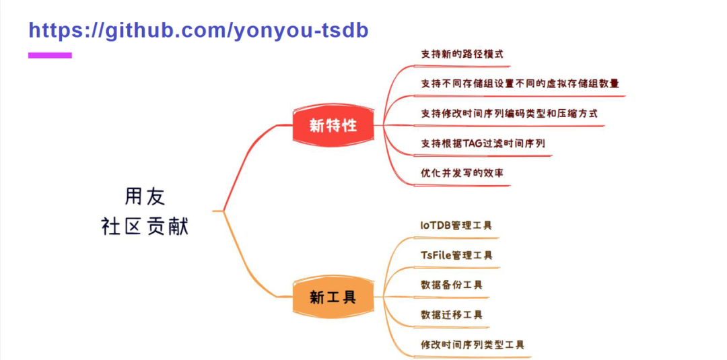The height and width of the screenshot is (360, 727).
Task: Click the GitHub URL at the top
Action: tap(199, 30)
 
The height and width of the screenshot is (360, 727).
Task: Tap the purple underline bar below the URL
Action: tap(50, 55)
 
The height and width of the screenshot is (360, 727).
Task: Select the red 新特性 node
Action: tap(333, 124)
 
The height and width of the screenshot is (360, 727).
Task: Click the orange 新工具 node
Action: tap(333, 297)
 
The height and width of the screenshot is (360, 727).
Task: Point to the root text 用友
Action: tap(145, 196)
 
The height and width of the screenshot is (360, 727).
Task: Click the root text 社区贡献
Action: tap(145, 226)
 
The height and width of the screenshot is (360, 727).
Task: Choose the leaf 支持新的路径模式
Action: tap(462, 54)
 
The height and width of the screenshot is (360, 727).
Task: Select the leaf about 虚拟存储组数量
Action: tap(520, 83)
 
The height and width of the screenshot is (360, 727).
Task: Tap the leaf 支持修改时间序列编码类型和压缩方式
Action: tap(509, 113)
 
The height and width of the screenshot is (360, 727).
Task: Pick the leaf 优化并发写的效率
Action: tap(462, 172)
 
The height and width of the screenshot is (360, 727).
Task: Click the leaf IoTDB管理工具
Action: tap(456, 225)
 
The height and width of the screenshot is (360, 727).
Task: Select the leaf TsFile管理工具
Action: tap(456, 255)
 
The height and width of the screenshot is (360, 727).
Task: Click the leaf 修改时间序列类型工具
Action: tap(472, 345)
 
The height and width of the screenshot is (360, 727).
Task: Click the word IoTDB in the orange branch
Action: tap(436, 225)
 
